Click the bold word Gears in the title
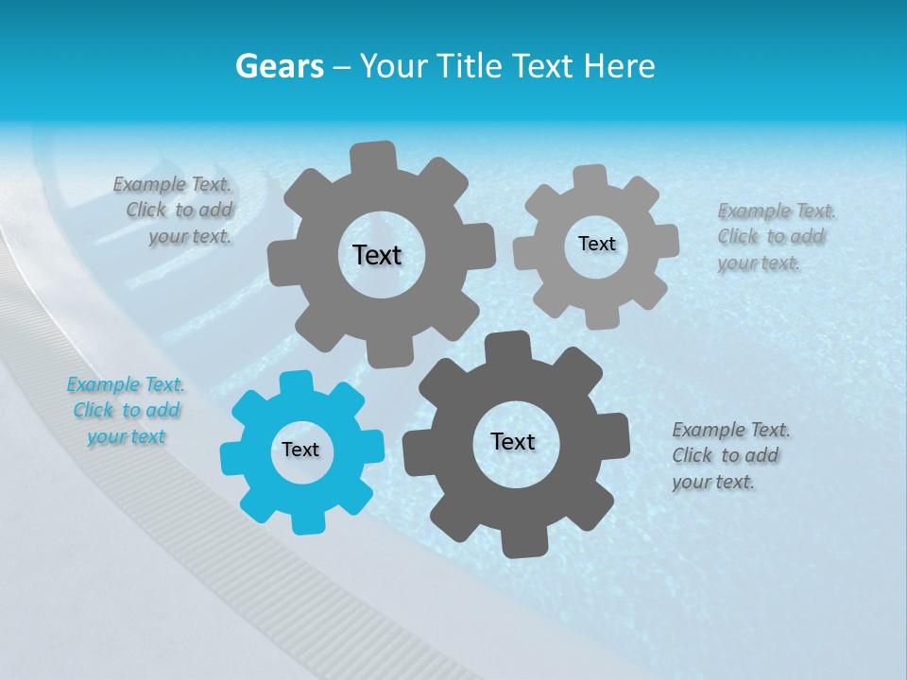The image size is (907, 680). coord(279,66)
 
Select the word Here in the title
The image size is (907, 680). coord(619,66)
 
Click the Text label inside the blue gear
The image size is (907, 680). coord(300,450)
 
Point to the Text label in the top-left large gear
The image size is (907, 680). coord(377,255)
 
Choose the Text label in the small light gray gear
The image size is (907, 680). coord(596,244)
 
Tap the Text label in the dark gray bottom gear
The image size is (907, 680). coord(513,442)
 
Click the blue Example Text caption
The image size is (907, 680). coord(126,411)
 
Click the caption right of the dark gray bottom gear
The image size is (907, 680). coord(729,455)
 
